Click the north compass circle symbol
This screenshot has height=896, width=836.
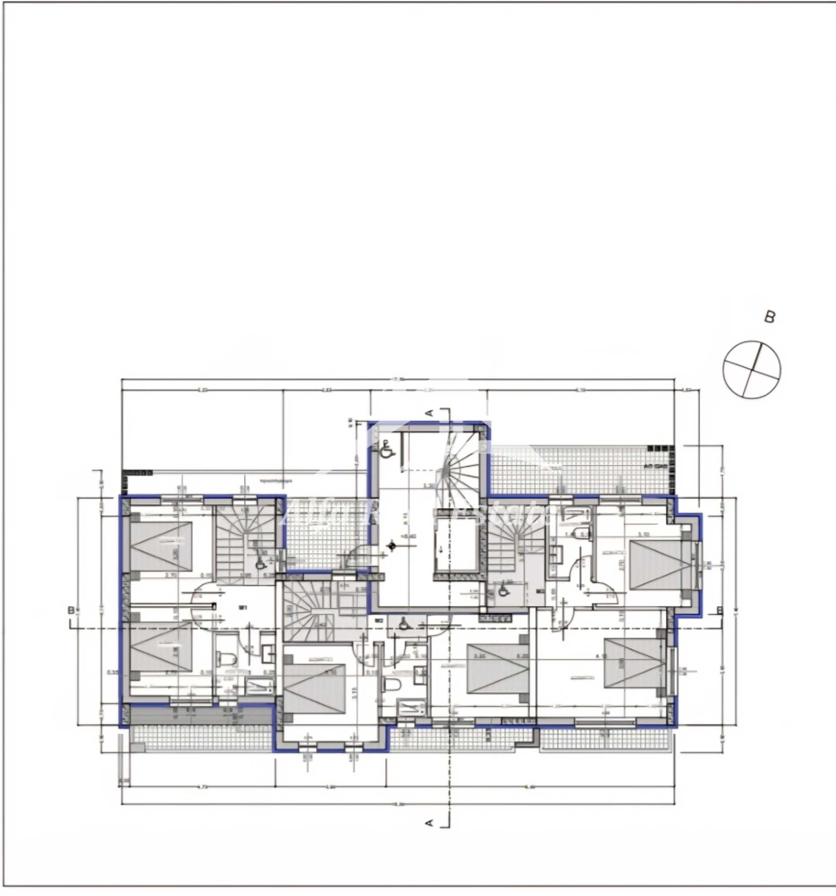click(752, 369)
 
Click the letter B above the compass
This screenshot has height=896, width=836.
click(770, 317)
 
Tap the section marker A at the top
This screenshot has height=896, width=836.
click(430, 412)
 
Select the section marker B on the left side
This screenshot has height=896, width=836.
click(71, 610)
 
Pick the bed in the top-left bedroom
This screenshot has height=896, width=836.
click(161, 546)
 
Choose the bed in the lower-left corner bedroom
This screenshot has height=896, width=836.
click(161, 647)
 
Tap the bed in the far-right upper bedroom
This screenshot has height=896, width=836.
click(660, 565)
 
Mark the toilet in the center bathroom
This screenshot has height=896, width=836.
click(392, 685)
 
